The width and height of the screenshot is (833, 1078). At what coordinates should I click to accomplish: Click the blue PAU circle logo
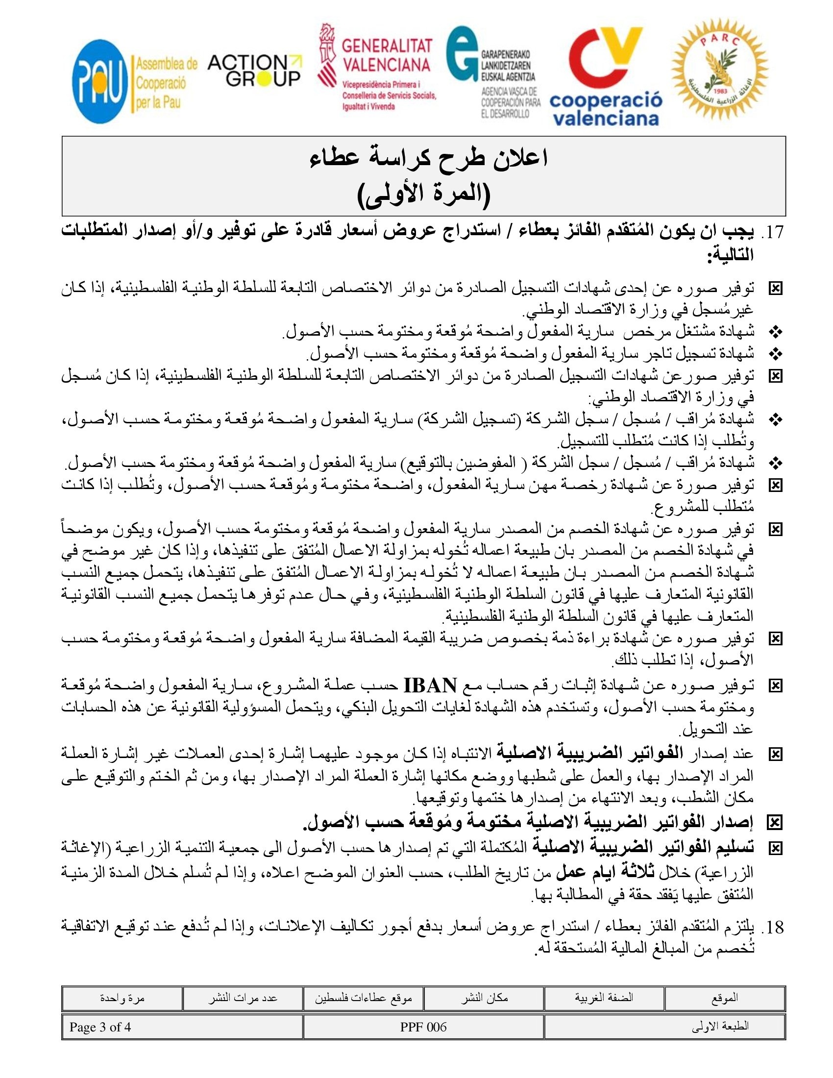pyautogui.click(x=99, y=81)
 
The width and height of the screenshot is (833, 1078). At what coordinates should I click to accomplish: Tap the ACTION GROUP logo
pyautogui.click(x=254, y=71)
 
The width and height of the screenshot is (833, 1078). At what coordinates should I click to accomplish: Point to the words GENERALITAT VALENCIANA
pyautogui.click(x=387, y=55)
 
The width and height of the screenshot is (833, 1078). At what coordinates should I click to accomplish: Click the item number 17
pyautogui.click(x=772, y=232)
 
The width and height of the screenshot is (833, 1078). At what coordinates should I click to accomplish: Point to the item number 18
pyautogui.click(x=772, y=928)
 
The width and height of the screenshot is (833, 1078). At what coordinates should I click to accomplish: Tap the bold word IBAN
pyautogui.click(x=430, y=686)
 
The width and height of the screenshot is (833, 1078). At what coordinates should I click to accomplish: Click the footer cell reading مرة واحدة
pyautogui.click(x=122, y=998)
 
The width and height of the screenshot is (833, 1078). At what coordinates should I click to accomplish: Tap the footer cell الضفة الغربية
pyautogui.click(x=604, y=998)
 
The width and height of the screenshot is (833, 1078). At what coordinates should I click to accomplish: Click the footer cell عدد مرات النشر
pyautogui.click(x=242, y=998)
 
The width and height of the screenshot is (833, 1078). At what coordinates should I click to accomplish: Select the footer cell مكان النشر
pyautogui.click(x=484, y=998)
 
